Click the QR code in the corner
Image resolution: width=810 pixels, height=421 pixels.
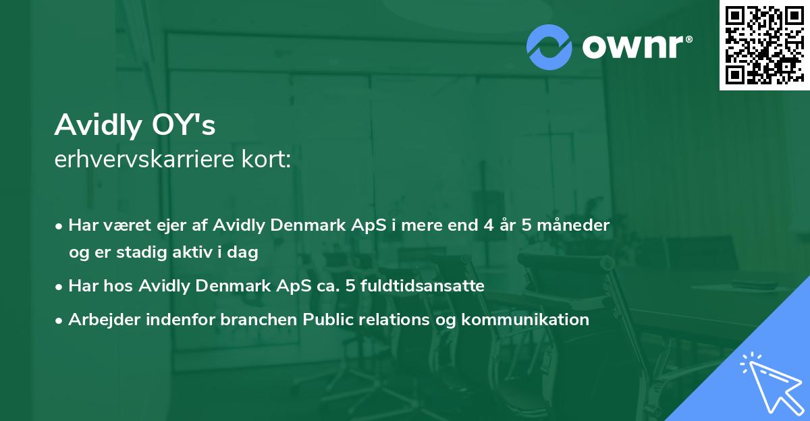(x=764, y=45)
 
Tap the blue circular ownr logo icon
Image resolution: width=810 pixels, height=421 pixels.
(x=549, y=47)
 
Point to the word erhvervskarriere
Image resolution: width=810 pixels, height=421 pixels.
(x=141, y=160)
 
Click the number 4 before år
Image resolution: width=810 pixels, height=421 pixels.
(x=489, y=225)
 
